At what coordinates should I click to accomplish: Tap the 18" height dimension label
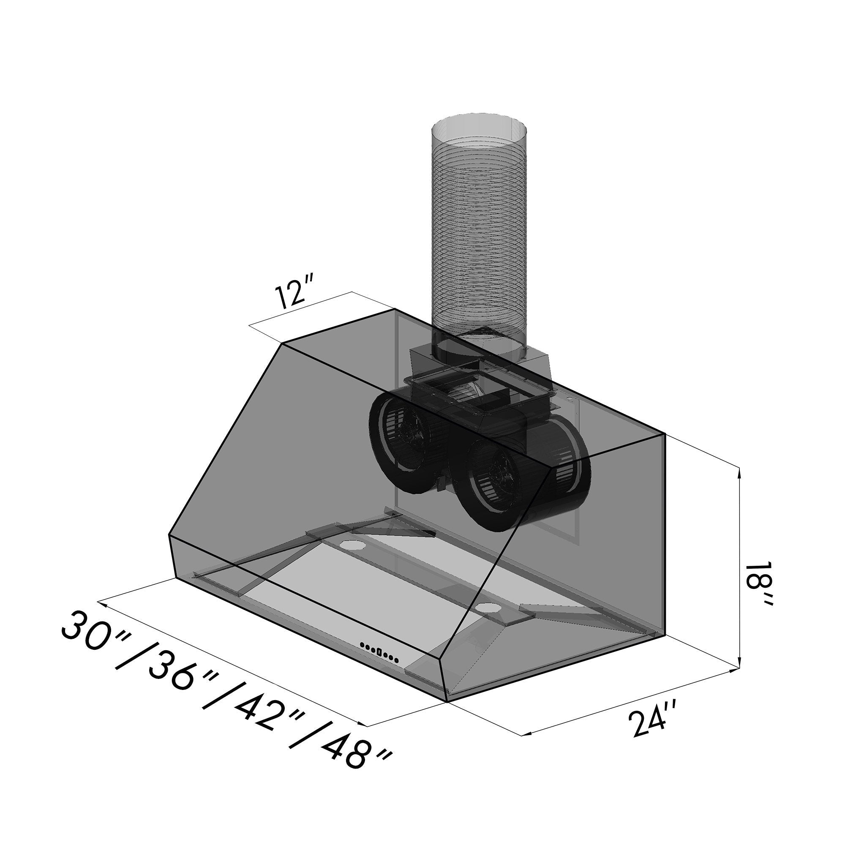(760, 583)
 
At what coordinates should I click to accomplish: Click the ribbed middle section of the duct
(480, 236)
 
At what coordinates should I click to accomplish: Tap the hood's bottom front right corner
(447, 702)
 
